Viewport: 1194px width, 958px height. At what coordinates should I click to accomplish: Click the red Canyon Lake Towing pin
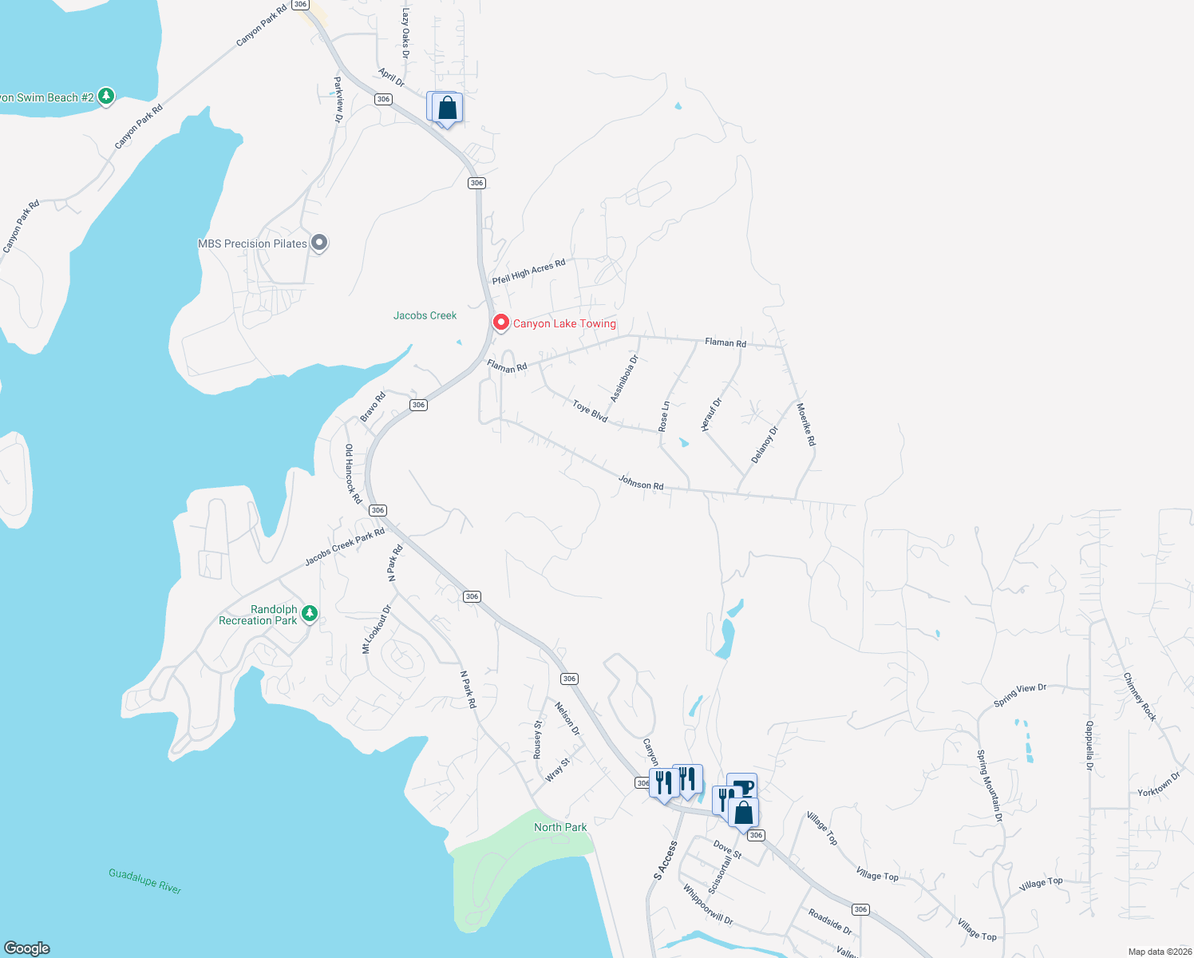click(500, 323)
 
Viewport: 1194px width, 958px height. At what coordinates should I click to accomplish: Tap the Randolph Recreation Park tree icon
click(310, 614)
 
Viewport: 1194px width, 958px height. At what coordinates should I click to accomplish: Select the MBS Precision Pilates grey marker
click(319, 243)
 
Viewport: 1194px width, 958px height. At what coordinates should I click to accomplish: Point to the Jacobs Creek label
click(425, 315)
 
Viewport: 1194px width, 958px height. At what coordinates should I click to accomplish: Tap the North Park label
click(560, 827)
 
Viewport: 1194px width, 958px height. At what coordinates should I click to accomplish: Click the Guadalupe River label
click(145, 881)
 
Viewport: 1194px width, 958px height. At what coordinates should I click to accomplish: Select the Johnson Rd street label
click(641, 482)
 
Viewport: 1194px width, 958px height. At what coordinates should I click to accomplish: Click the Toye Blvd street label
click(591, 411)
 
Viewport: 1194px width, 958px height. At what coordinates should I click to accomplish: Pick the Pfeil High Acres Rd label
click(528, 271)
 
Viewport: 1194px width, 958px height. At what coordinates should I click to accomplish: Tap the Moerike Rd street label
click(806, 424)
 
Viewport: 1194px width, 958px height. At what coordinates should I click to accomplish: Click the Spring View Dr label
click(1020, 695)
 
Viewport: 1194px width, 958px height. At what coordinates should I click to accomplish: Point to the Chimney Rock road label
click(1140, 697)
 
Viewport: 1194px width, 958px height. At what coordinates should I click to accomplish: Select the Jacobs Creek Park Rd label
click(345, 547)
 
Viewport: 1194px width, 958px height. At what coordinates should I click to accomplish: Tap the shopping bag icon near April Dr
click(448, 108)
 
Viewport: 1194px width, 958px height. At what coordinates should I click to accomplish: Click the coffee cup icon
click(742, 786)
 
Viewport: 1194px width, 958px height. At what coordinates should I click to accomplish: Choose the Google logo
click(27, 948)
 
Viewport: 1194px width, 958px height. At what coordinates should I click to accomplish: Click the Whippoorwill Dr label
click(708, 905)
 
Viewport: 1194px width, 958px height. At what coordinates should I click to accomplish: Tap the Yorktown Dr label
click(1159, 784)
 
